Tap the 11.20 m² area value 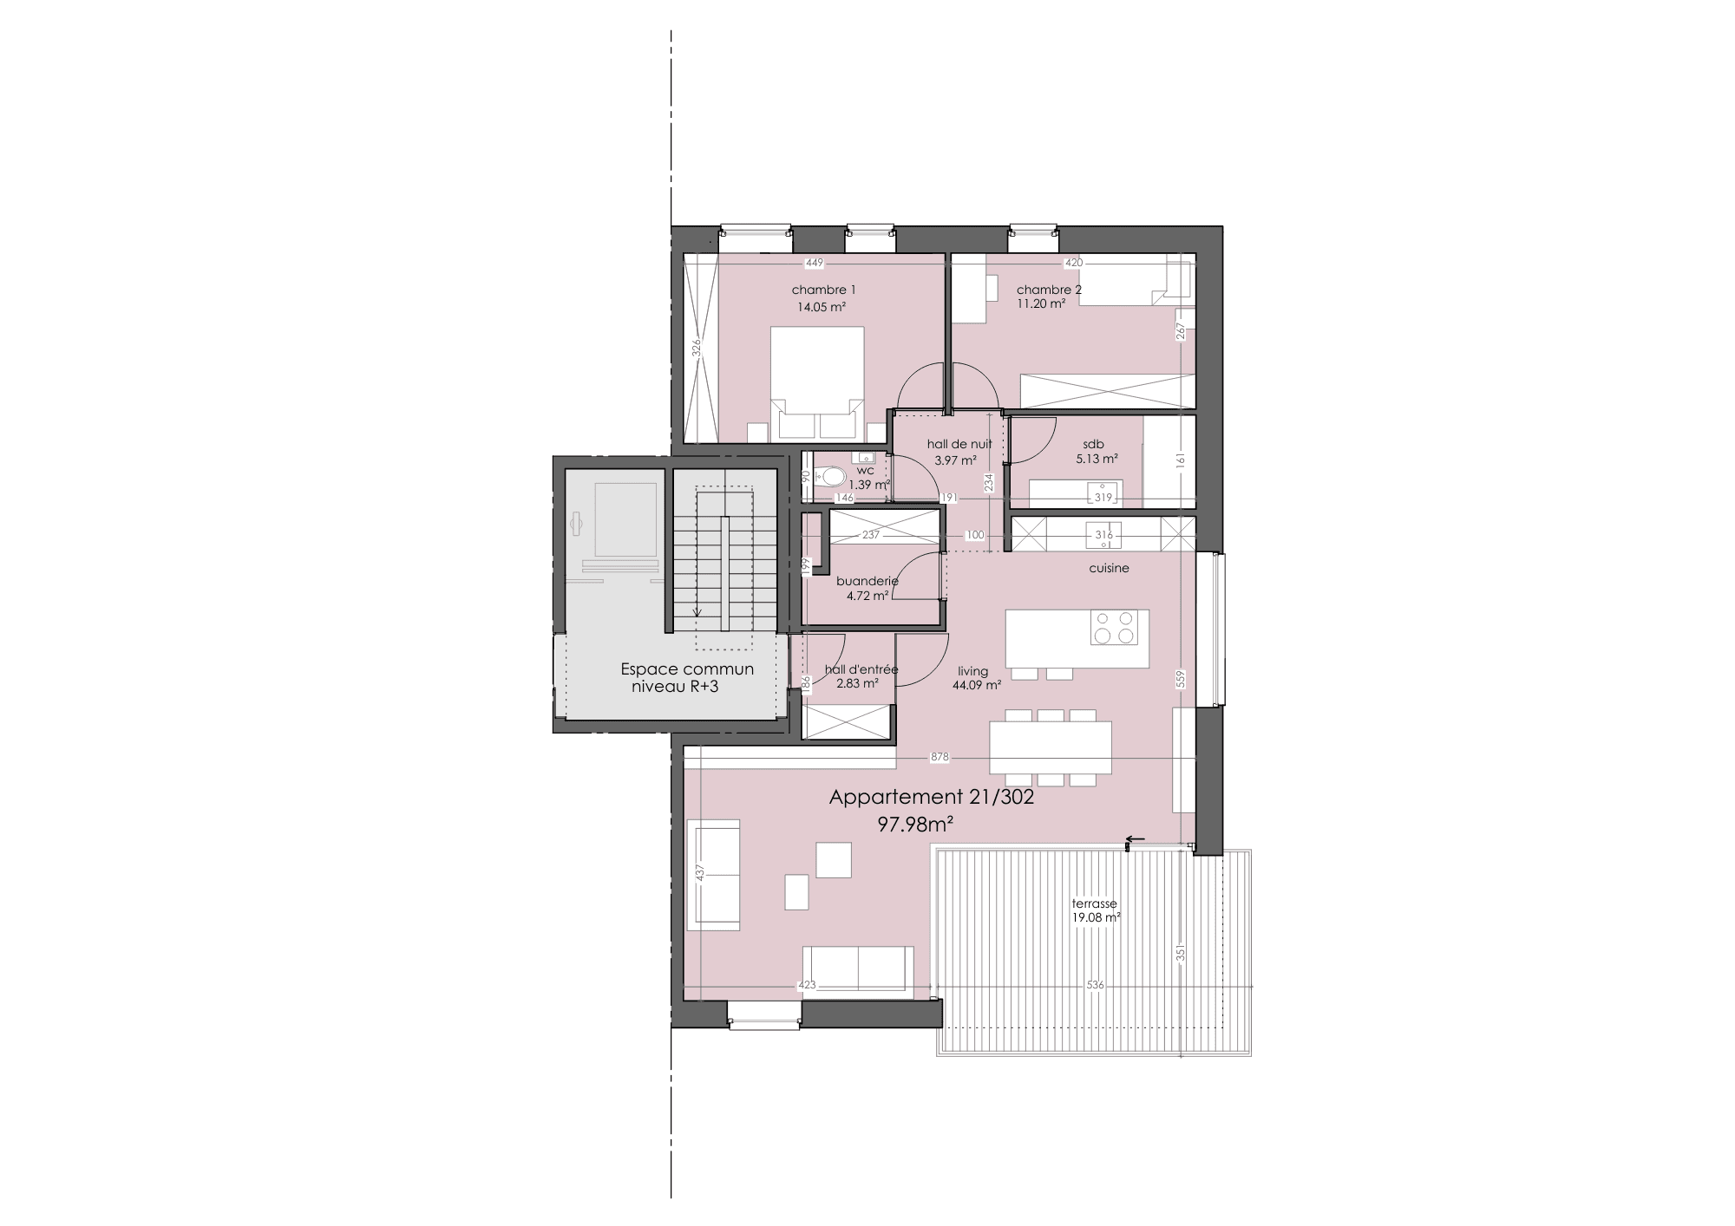click(1041, 304)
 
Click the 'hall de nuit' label click(959, 444)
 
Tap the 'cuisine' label click(1110, 569)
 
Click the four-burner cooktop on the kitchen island click(1114, 628)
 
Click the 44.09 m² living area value click(977, 685)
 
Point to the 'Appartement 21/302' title click(932, 798)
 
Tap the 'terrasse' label click(1095, 903)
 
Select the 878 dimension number click(940, 758)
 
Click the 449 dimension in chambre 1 click(814, 263)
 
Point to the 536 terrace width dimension click(1096, 985)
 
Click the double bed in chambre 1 click(816, 382)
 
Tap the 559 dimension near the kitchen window click(1181, 679)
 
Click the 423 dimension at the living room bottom click(807, 985)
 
